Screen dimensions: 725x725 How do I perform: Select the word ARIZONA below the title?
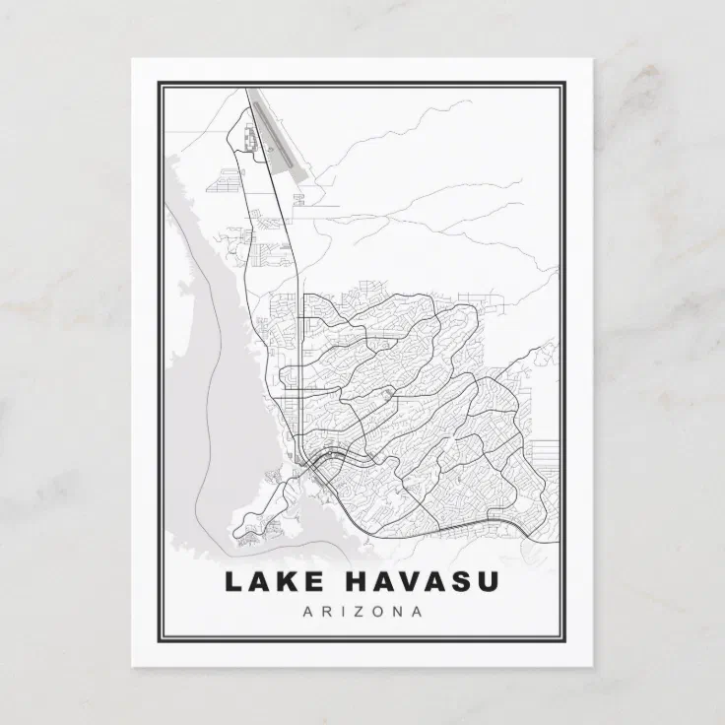[362, 612]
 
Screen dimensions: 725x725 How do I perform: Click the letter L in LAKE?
[233, 582]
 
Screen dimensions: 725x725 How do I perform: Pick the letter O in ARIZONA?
[375, 612]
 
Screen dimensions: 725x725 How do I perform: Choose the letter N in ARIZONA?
[397, 612]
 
